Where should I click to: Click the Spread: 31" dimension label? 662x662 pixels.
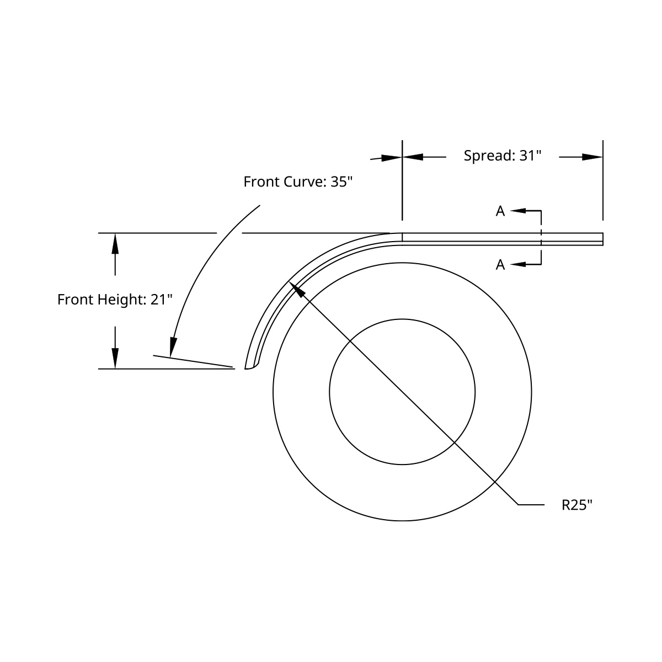pyautogui.click(x=502, y=156)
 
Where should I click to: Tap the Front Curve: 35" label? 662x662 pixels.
pyautogui.click(x=298, y=182)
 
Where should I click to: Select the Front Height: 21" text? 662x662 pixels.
pyautogui.click(x=115, y=300)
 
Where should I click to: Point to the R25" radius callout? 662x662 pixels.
pyautogui.click(x=577, y=505)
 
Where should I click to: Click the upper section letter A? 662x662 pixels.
pyautogui.click(x=500, y=211)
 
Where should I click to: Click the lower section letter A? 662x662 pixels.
pyautogui.click(x=500, y=265)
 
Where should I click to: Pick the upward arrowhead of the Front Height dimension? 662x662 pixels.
pyautogui.click(x=115, y=243)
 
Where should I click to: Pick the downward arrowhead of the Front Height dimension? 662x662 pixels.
pyautogui.click(x=115, y=359)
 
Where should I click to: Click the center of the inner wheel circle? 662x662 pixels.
pyautogui.click(x=402, y=392)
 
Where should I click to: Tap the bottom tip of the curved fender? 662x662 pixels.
pyautogui.click(x=249, y=368)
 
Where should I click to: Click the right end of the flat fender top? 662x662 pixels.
pyautogui.click(x=602, y=239)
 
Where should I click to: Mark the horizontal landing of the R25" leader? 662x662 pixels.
pyautogui.click(x=531, y=504)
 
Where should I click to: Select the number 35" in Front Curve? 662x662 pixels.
pyautogui.click(x=341, y=182)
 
